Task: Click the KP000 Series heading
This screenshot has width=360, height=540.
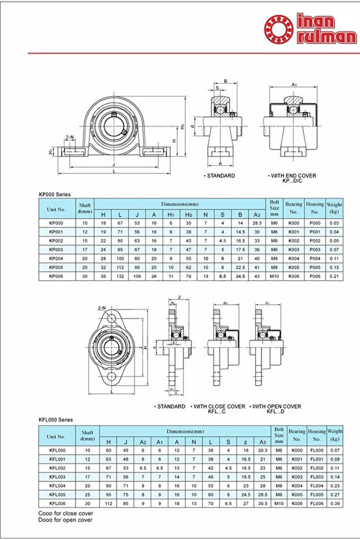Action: click(x=54, y=195)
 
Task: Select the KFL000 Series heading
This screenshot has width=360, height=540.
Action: click(x=56, y=419)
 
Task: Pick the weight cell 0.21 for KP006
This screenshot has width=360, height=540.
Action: click(x=334, y=277)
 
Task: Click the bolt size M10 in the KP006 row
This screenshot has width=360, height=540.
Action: click(x=275, y=277)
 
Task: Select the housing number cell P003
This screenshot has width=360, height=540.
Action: click(x=315, y=249)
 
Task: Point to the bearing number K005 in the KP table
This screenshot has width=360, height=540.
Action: click(x=294, y=267)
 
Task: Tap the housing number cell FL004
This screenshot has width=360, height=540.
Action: click(x=317, y=485)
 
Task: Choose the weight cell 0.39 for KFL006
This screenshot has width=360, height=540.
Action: click(x=334, y=503)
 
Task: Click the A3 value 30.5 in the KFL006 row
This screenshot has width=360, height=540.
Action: click(x=263, y=503)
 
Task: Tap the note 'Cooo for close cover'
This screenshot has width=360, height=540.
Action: click(x=66, y=513)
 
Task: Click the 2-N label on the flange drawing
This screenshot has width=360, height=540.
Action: click(x=102, y=307)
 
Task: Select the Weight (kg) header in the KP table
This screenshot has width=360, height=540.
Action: click(x=334, y=207)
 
